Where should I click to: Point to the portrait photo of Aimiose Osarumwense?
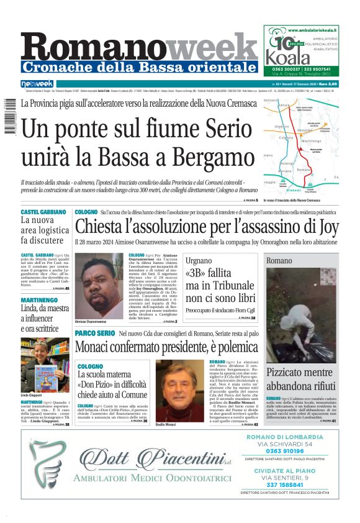tap(99, 285)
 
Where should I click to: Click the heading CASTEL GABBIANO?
tap(43, 212)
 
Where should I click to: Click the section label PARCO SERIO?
tap(94, 334)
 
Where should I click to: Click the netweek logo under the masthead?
tap(37, 84)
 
